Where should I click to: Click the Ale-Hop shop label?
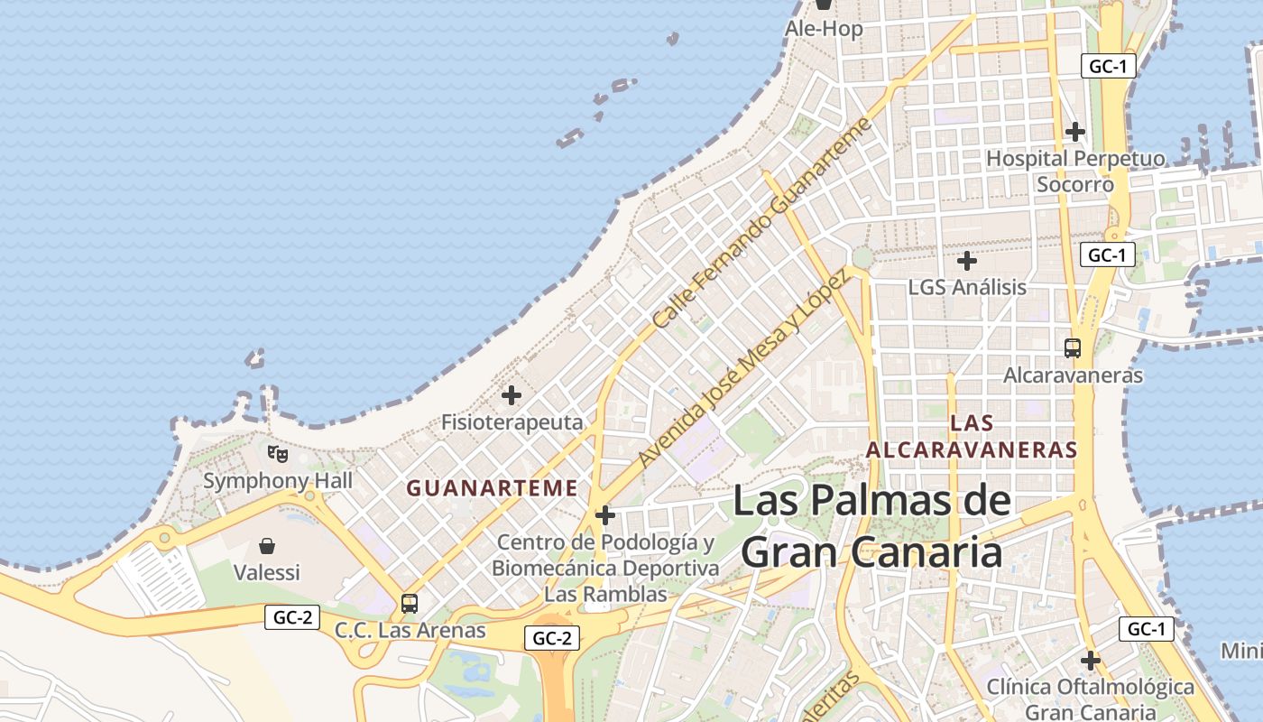[824, 29]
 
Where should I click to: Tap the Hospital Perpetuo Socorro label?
[1075, 171]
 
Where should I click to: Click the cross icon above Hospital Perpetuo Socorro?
[1074, 132]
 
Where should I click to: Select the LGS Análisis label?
[967, 287]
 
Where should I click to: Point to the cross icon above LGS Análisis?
[967, 262]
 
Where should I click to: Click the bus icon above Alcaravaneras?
[1073, 347]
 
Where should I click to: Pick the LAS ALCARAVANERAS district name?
[972, 436]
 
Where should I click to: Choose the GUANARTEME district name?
[492, 488]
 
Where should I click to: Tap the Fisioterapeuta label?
[512, 421]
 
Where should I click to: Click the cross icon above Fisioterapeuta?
[512, 395]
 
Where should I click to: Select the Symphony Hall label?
[278, 480]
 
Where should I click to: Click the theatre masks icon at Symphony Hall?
[278, 454]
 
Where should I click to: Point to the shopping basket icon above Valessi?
[267, 546]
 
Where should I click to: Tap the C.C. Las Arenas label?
[410, 630]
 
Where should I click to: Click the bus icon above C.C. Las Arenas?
[410, 603]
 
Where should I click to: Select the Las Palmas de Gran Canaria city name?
[871, 525]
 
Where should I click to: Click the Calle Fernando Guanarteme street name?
[762, 222]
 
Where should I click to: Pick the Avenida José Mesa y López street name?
[742, 368]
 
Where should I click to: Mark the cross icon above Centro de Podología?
[605, 515]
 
